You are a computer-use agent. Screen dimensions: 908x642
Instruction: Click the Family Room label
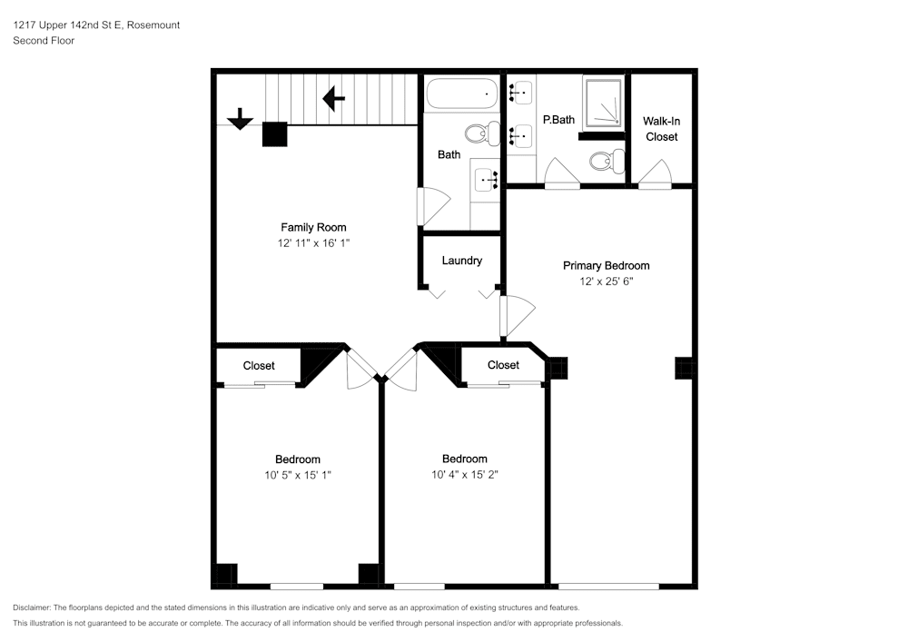tap(313, 228)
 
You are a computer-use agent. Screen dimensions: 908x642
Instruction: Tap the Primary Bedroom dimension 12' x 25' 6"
tap(607, 281)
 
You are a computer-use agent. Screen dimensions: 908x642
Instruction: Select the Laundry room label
tap(461, 261)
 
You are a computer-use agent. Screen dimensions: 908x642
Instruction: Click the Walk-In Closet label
tap(661, 129)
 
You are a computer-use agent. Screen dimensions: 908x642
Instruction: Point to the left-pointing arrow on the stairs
tap(333, 98)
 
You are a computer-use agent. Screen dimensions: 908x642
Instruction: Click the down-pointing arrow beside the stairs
tap(240, 119)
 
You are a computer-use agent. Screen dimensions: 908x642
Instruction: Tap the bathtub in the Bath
tap(461, 94)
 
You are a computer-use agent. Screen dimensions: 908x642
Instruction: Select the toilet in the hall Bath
tap(482, 133)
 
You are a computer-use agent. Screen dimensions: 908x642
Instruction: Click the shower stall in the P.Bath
tap(604, 103)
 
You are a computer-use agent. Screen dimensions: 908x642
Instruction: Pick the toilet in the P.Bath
tap(607, 161)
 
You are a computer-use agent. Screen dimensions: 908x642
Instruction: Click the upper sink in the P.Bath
tap(521, 92)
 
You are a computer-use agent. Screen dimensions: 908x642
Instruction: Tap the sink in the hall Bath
tap(486, 180)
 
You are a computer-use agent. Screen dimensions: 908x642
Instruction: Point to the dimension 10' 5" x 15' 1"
tap(298, 475)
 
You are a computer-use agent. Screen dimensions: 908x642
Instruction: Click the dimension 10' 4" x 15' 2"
tap(464, 475)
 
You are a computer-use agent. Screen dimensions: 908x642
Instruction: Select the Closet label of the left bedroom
tap(259, 366)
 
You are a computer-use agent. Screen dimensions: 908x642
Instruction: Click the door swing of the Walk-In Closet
tap(655, 173)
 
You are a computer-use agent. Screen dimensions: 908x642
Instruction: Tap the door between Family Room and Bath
tap(433, 207)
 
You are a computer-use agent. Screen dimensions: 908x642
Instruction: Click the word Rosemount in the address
tap(153, 25)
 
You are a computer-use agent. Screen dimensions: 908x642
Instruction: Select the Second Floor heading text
tap(44, 41)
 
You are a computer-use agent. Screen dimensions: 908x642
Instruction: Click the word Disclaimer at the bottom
tap(32, 607)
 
